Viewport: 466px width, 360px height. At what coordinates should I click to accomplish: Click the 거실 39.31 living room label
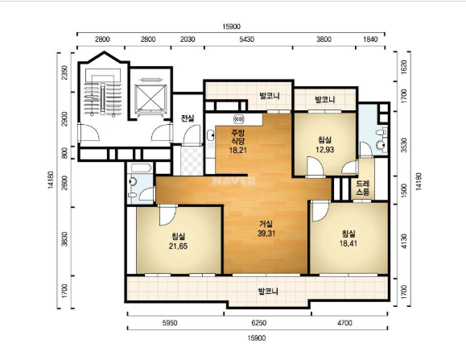pyautogui.click(x=266, y=229)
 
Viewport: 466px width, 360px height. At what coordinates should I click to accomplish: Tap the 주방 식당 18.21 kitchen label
pyautogui.click(x=237, y=141)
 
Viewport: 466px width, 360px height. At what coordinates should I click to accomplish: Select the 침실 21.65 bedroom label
pyautogui.click(x=179, y=241)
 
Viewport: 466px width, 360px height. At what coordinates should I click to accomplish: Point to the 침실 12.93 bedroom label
pyautogui.click(x=325, y=144)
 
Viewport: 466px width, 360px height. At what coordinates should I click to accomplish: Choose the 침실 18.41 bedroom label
pyautogui.click(x=348, y=238)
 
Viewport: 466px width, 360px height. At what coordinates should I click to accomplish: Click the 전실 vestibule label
pyautogui.click(x=188, y=118)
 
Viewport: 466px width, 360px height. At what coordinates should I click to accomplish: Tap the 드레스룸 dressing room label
pyautogui.click(x=362, y=188)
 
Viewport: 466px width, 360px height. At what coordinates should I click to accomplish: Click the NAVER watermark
pyautogui.click(x=234, y=180)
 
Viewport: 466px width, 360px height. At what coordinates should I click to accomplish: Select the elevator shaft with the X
pyautogui.click(x=151, y=99)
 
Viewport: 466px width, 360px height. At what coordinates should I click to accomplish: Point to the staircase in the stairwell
pyautogui.click(x=103, y=98)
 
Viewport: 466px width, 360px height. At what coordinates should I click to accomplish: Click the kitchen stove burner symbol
pyautogui.click(x=239, y=119)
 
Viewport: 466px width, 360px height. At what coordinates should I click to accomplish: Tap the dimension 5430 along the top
pyautogui.click(x=246, y=39)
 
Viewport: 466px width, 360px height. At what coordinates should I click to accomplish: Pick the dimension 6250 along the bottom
pyautogui.click(x=259, y=322)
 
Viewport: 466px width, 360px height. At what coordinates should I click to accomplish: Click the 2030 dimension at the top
pyautogui.click(x=188, y=39)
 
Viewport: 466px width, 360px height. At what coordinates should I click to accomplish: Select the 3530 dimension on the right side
pyautogui.click(x=403, y=145)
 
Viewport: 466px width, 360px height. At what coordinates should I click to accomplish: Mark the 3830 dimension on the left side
pyautogui.click(x=64, y=239)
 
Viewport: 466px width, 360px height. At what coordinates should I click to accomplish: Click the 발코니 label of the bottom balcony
pyautogui.click(x=268, y=291)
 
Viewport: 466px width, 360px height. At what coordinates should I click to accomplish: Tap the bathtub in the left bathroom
pyautogui.click(x=141, y=168)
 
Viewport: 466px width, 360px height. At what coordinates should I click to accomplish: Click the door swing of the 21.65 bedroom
pyautogui.click(x=167, y=216)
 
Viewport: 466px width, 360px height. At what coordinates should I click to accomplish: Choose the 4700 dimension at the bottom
pyautogui.click(x=344, y=322)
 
